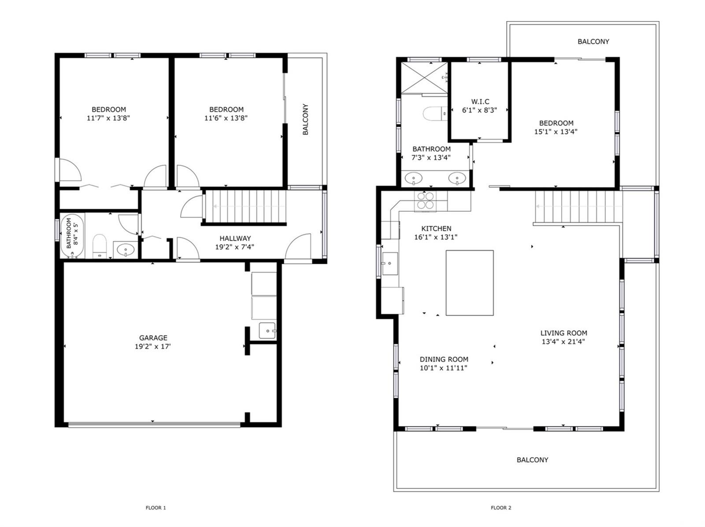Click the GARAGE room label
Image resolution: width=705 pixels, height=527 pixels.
point(153,338)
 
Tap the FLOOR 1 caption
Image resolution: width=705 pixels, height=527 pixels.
point(156,508)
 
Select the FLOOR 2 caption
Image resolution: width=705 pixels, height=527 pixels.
point(501,508)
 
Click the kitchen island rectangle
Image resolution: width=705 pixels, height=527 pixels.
point(470,283)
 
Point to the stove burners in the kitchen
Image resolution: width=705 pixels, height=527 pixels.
point(425,201)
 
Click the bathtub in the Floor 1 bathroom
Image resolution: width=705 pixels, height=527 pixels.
point(72,236)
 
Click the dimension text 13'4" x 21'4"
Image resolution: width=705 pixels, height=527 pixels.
point(563,342)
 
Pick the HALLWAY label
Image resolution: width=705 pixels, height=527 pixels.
point(235,239)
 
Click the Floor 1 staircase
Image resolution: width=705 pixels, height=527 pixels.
point(245,206)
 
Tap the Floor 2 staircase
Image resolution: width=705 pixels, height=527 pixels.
point(579,206)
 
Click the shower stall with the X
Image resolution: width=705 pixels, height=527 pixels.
point(424,77)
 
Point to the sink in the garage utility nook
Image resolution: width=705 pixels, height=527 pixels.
point(267,331)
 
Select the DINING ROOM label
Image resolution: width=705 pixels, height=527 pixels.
point(444,359)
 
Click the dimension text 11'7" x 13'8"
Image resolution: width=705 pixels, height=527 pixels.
point(108,118)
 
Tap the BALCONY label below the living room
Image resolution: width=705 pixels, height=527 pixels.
point(532,460)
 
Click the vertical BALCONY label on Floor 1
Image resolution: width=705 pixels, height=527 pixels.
point(305,119)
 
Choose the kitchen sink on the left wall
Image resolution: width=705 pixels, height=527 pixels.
point(390,263)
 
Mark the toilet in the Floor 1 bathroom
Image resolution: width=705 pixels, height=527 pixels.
point(100,246)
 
